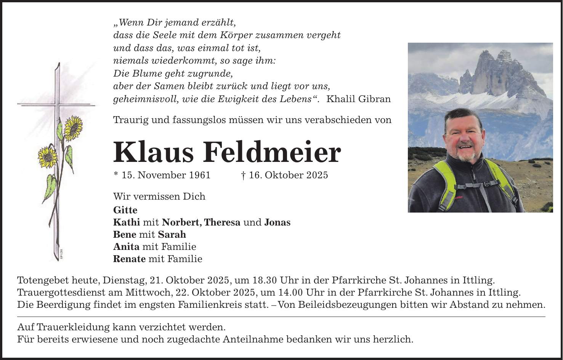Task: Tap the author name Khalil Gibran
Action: [359, 99]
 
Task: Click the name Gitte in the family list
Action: [125, 210]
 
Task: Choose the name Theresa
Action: [222, 222]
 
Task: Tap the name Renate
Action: [129, 259]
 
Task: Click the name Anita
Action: [126, 247]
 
